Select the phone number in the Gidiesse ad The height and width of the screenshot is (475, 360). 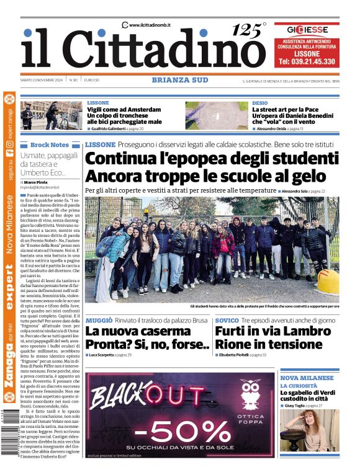click(x=307, y=62)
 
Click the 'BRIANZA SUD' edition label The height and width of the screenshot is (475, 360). click(x=180, y=80)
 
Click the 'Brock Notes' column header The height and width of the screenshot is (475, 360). click(x=49, y=144)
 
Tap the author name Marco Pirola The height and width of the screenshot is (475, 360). click(x=40, y=181)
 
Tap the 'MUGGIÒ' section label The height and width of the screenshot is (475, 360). click(x=99, y=321)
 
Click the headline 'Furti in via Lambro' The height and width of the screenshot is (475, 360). click(x=268, y=332)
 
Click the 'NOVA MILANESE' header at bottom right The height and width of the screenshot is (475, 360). click(x=307, y=378)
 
